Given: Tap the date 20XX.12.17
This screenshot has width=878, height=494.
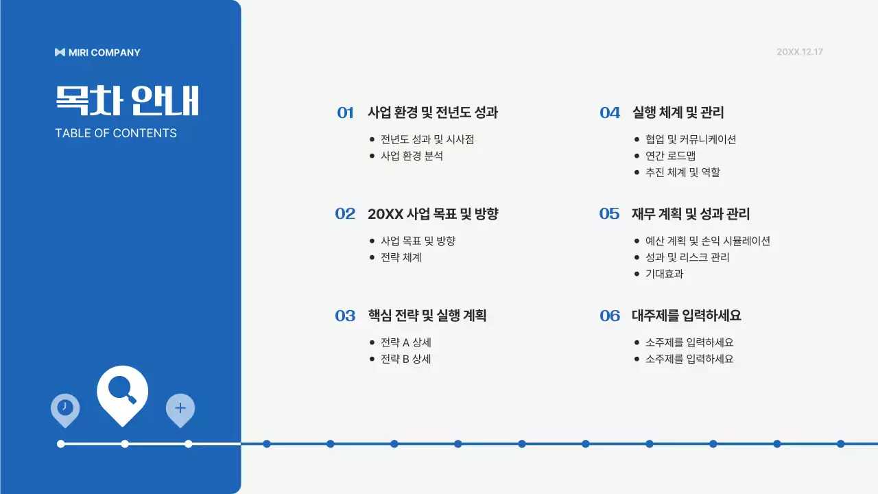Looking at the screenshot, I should coord(799,52).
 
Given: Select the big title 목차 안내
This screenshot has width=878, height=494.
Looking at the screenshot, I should coord(127,101).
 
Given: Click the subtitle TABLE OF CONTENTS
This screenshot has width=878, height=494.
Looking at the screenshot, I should coord(116,133).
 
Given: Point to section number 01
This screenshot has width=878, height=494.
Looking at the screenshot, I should coord(345,113).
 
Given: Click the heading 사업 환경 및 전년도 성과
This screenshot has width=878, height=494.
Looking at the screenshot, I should coord(433,113).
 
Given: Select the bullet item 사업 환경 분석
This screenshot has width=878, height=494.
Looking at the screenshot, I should coord(412,156).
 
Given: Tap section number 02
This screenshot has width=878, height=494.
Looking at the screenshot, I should coord(345,214).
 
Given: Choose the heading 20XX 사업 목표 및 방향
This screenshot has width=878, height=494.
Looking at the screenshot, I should coord(433,214).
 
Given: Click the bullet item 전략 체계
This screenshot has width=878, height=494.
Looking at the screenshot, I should coord(401,257).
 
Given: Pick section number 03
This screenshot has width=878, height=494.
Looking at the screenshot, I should coord(345,316).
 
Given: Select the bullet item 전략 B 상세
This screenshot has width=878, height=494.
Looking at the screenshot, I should coord(405,359).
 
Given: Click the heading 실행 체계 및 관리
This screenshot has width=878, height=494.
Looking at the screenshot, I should coord(678,113).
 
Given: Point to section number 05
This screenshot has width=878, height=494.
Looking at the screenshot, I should coord(609,214).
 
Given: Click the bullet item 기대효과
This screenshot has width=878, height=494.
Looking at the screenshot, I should coord(664,274).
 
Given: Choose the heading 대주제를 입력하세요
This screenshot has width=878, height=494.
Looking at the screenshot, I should coord(686,316).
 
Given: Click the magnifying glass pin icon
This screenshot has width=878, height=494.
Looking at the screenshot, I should coord(123,392).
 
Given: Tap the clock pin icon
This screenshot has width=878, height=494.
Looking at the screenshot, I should coord(65,408).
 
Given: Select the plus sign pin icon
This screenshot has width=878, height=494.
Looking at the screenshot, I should coord(180,408).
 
